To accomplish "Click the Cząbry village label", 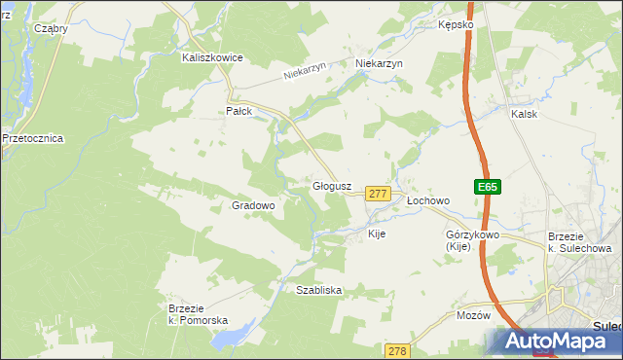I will pyautogui.click(x=51, y=28).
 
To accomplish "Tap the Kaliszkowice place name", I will pyautogui.click(x=212, y=57).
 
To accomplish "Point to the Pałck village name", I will pyautogui.click(x=239, y=111).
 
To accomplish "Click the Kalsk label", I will pyautogui.click(x=524, y=114).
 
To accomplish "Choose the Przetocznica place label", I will pyautogui.click(x=33, y=138).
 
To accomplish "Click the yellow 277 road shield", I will pyautogui.click(x=379, y=195).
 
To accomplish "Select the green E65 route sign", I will pyautogui.click(x=488, y=187).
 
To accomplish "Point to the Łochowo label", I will pyautogui.click(x=428, y=200).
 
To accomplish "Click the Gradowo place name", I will pyautogui.click(x=253, y=205).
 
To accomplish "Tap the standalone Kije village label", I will pyautogui.click(x=378, y=234).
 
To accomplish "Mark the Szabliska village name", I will pyautogui.click(x=318, y=290).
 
